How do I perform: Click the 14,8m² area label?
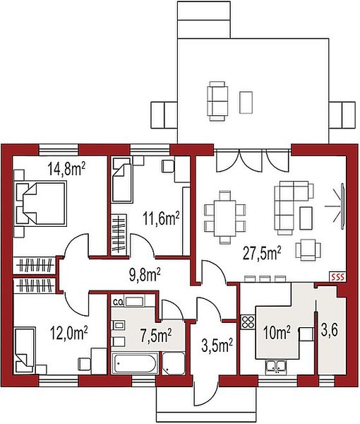tap(66, 168)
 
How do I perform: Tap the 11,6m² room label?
tap(161, 218)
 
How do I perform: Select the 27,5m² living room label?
tap(262, 254)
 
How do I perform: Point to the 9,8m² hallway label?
tap(144, 275)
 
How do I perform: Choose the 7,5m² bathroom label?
tap(156, 336)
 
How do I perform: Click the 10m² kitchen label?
tap(277, 333)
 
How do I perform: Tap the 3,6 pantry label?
tap(329, 331)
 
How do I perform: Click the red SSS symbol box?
tap(338, 276)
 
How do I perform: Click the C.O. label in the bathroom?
tap(117, 302)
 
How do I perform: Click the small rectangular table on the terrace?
tap(246, 102)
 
